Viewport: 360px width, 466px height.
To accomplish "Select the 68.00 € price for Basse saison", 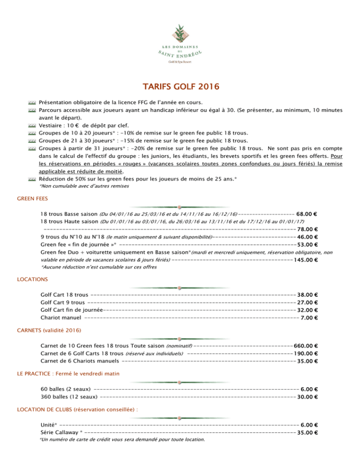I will pyautogui.click(x=308, y=214).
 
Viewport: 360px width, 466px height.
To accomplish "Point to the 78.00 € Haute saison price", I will pyautogui.click(x=308, y=229).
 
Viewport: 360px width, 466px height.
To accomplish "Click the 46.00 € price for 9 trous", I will pyautogui.click(x=308, y=237).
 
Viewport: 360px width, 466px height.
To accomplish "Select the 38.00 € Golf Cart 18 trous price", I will pyautogui.click(x=308, y=295).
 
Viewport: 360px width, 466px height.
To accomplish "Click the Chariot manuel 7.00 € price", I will pyautogui.click(x=310, y=317).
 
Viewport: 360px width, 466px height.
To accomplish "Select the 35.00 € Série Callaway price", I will pyautogui.click(x=308, y=432).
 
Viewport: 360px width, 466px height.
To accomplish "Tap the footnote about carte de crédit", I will pyautogui.click(x=122, y=440).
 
